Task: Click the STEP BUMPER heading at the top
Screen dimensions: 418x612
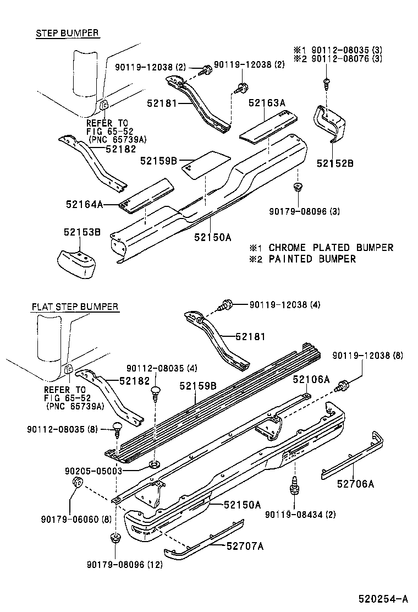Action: coord(68,33)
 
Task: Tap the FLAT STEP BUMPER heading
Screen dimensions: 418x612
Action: coord(75,307)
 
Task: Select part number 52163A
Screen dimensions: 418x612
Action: coord(267,103)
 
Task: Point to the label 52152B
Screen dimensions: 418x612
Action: coord(335,163)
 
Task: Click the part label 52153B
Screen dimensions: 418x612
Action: coord(82,232)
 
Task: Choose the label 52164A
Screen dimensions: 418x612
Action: coord(85,204)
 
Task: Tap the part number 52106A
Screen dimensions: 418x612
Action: coord(311,379)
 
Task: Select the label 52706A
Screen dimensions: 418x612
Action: coord(356,484)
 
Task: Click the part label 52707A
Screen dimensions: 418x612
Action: coord(245,545)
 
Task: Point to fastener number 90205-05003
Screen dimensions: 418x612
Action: coord(94,471)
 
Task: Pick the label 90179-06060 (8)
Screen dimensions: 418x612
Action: coord(76,520)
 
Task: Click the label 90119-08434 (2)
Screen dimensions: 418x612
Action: coord(300,515)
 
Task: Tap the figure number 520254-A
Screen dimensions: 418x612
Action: coord(383,598)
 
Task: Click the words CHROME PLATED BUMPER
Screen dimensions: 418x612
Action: coord(331,248)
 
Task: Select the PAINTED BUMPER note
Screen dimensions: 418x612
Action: coord(312,259)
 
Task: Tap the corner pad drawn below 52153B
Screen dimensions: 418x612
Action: coord(77,264)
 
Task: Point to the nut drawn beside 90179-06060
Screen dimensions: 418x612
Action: coord(77,483)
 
